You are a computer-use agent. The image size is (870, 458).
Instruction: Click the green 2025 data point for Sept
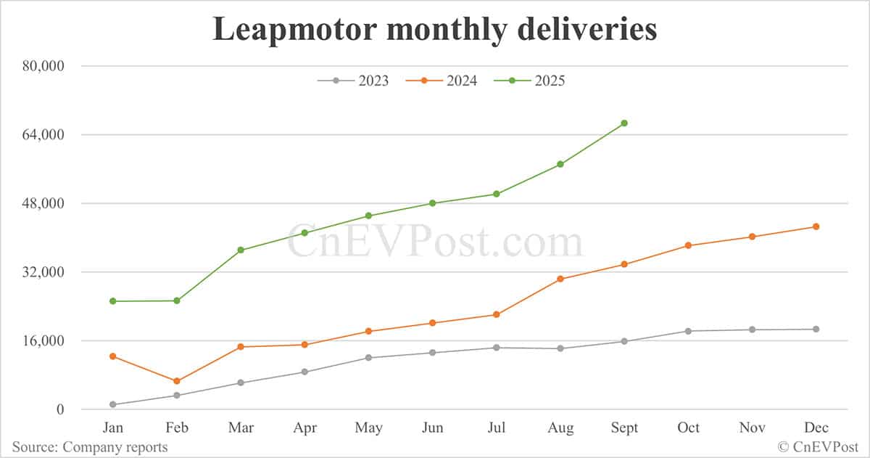click(x=624, y=123)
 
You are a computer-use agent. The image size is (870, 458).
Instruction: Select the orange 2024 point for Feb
click(x=177, y=381)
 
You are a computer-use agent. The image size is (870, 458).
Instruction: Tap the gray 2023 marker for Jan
click(x=113, y=404)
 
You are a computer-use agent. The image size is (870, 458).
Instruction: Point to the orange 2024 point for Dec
click(x=816, y=226)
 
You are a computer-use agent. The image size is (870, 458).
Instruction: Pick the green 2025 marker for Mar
click(x=241, y=250)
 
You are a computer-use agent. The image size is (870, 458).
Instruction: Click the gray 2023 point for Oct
click(x=688, y=331)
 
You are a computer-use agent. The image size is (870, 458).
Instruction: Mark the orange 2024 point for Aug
click(x=560, y=279)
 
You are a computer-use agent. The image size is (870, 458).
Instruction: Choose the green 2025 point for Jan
click(x=113, y=301)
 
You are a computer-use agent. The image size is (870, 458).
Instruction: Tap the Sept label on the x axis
click(x=624, y=428)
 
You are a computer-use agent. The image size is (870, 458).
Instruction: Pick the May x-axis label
click(x=368, y=428)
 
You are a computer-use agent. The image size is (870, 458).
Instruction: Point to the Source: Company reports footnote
click(x=90, y=447)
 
